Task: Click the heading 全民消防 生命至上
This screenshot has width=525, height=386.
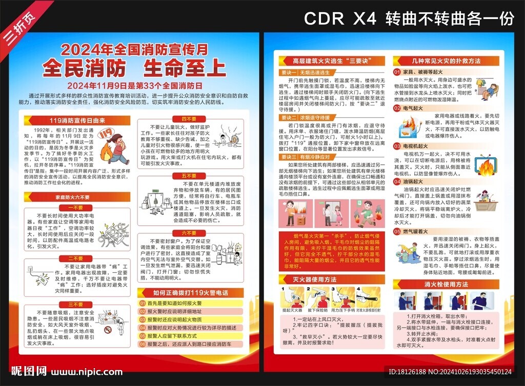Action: point(134,68)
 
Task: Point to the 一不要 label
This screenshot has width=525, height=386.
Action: point(76,208)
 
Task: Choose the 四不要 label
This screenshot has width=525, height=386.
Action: point(189,119)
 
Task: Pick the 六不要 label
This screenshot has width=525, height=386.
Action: point(189,233)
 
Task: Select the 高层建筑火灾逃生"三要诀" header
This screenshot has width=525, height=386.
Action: point(329,61)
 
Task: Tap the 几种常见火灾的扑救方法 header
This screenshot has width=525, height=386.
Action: point(446,61)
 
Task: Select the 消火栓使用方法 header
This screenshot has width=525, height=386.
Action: point(446,284)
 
